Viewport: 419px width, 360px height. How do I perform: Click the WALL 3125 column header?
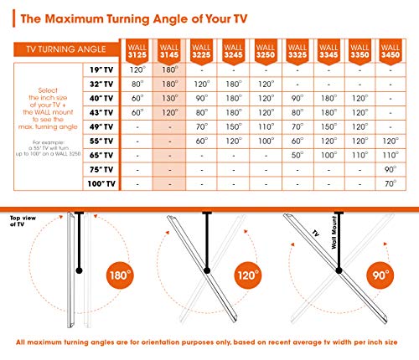[137, 52]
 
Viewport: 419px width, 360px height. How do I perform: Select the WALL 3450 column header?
[391, 52]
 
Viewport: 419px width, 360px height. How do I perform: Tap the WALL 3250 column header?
[266, 52]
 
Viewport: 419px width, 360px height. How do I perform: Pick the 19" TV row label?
[101, 69]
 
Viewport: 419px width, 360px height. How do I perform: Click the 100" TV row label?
[101, 183]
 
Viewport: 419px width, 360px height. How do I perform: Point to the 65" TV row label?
[101, 155]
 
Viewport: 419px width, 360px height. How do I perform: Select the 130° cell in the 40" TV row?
[170, 98]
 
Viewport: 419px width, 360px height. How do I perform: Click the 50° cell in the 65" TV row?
[297, 155]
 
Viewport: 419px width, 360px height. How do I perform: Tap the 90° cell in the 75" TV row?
[391, 169]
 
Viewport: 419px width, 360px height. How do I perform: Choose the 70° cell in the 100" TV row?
[391, 183]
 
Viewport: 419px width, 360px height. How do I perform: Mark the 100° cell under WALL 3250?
[266, 141]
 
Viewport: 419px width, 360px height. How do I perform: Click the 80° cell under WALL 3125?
[137, 84]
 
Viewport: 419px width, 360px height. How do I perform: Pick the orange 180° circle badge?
[120, 275]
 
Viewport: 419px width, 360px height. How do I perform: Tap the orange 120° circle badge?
[248, 275]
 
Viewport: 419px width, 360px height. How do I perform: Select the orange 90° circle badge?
[380, 275]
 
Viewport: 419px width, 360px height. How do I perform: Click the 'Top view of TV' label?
[23, 221]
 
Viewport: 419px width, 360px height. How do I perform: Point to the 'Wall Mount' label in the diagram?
[334, 232]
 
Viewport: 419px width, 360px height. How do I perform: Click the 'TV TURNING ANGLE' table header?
[66, 49]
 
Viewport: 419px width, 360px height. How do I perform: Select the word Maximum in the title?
[74, 19]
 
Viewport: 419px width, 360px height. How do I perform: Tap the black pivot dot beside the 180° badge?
[79, 270]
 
